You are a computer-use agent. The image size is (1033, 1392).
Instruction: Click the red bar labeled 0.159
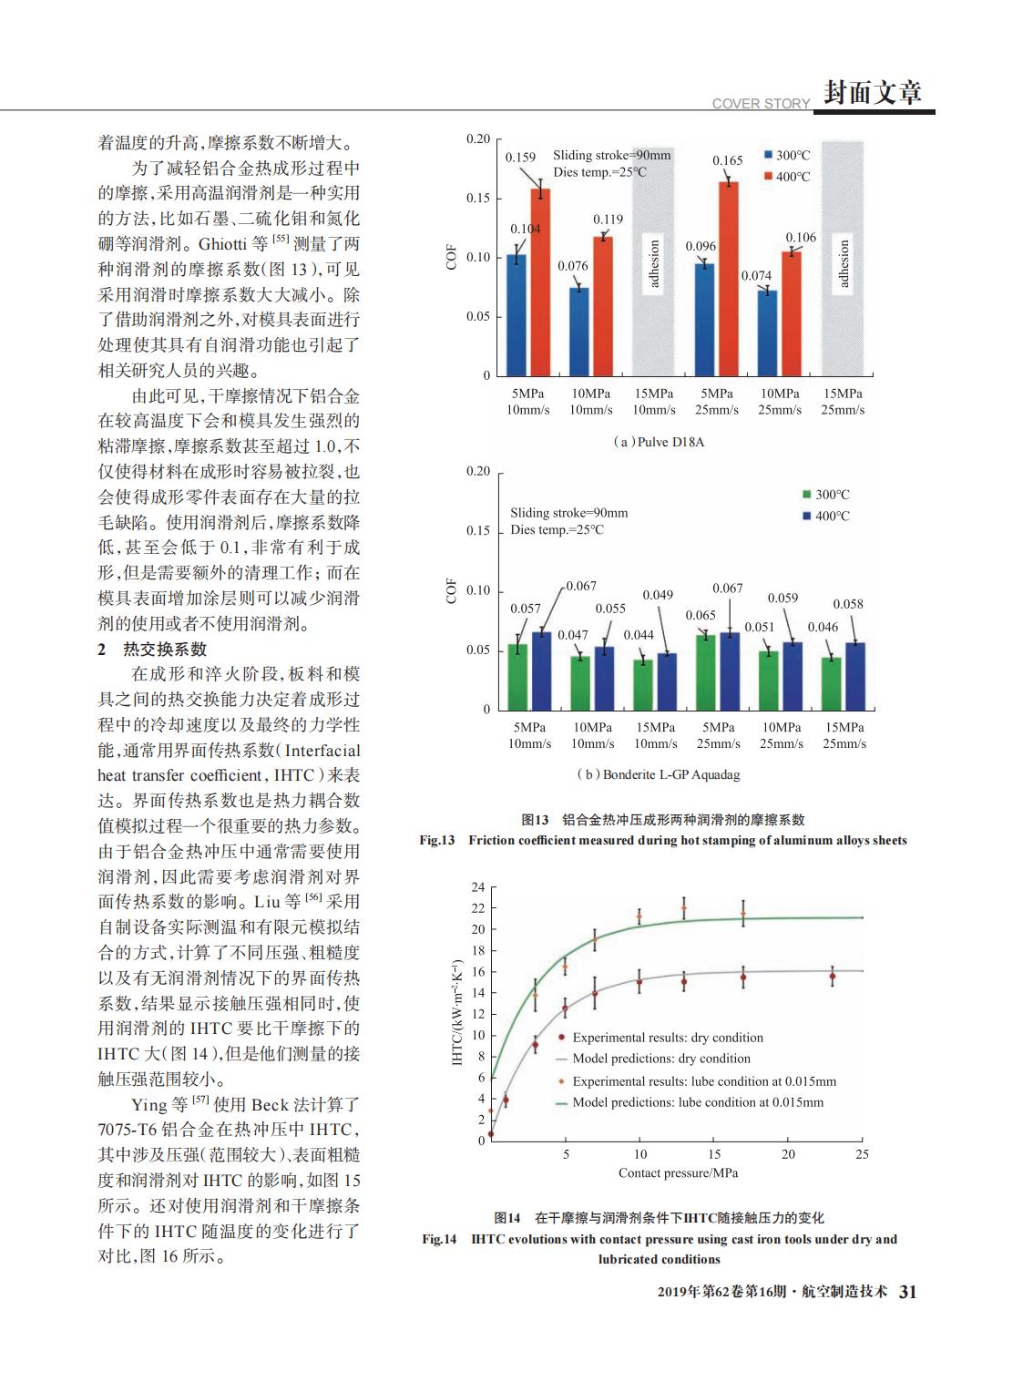point(540,282)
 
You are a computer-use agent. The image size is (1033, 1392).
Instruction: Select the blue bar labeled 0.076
point(579,332)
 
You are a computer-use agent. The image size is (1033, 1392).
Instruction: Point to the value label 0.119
point(608,220)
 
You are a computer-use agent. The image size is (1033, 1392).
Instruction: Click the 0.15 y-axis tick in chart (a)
point(478,199)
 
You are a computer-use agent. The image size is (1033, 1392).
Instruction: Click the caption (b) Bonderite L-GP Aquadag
point(658,775)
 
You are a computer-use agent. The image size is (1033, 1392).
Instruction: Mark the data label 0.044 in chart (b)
point(639,635)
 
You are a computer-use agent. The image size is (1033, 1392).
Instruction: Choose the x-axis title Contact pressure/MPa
point(678,1173)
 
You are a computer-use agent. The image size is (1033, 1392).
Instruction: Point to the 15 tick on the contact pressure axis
point(714,1154)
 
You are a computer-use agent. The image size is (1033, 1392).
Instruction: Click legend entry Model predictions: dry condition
point(660,1059)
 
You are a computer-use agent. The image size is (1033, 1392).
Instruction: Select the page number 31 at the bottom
point(907,1292)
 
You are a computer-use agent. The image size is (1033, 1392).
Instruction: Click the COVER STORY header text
point(761,104)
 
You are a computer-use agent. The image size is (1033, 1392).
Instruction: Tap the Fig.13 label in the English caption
point(437,840)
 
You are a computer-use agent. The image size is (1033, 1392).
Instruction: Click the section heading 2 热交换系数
point(153,650)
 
